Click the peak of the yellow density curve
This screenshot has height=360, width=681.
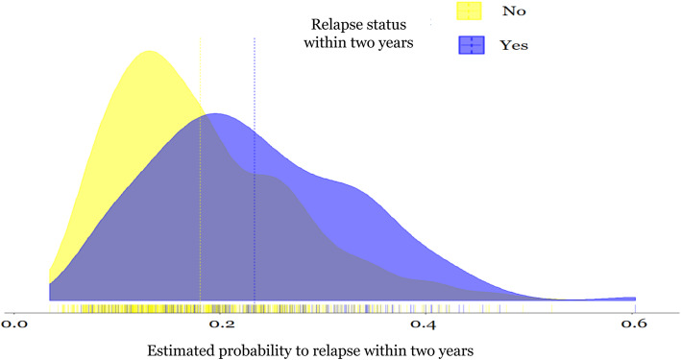148,52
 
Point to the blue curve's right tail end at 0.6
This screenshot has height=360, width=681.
633,299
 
